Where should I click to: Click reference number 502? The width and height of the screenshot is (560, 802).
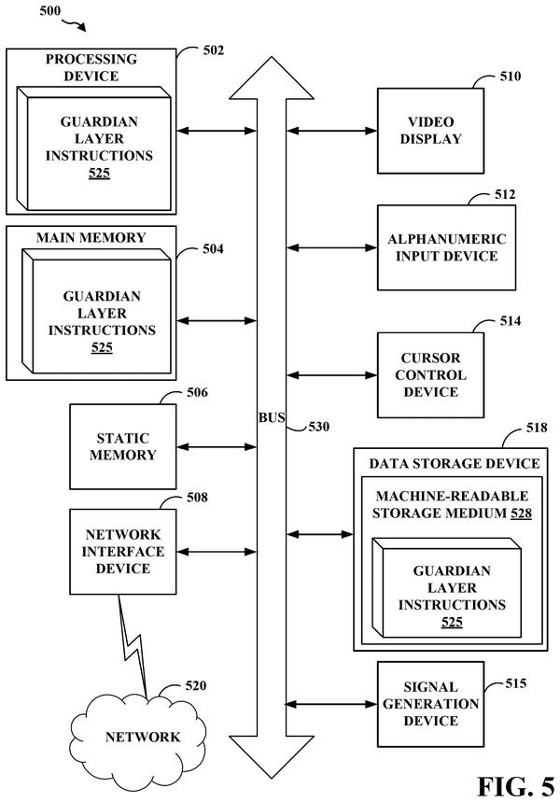pos(213,50)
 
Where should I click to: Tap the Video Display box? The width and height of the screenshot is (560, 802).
pos(430,131)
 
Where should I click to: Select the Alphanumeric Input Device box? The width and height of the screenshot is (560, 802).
pos(446,247)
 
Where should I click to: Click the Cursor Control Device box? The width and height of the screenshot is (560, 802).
pos(430,375)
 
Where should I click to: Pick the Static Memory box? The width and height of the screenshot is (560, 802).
pos(123,446)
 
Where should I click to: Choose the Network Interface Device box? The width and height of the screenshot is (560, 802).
pos(123,552)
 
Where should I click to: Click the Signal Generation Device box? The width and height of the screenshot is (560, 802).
pos(430,704)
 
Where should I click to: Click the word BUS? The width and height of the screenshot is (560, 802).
pos(272,418)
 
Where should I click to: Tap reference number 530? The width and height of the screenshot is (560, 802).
pos(318,427)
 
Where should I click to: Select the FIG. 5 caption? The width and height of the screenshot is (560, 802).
pos(515,785)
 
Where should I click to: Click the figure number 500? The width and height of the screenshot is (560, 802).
pos(50,11)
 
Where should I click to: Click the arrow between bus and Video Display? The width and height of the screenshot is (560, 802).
pos(332,131)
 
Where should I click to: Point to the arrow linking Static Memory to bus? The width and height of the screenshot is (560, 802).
pos(217,447)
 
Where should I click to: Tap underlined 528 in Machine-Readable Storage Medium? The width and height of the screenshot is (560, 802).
pos(521,513)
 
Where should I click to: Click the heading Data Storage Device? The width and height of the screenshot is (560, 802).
pos(455,463)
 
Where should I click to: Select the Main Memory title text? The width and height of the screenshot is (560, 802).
pos(91,237)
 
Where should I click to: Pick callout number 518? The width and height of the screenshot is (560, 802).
pos(537,428)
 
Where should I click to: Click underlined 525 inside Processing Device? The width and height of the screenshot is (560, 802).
pos(99,173)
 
